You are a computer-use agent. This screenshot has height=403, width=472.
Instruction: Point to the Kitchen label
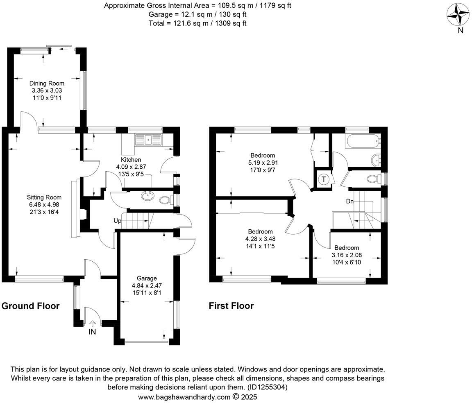click(x=131, y=160)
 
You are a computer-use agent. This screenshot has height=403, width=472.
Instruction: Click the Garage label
click(x=147, y=278)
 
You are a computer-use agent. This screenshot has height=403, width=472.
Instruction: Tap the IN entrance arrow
click(x=92, y=324)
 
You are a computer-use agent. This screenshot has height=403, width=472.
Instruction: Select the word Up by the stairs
click(x=118, y=221)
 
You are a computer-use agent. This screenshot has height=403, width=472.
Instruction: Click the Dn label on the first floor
click(x=349, y=201)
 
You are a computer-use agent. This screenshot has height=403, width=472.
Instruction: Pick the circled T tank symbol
click(x=324, y=179)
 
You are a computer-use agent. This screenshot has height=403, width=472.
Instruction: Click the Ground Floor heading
click(x=31, y=306)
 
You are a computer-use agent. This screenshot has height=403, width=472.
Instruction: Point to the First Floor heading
click(x=231, y=306)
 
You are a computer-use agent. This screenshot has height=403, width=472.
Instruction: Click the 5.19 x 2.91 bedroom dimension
click(x=263, y=162)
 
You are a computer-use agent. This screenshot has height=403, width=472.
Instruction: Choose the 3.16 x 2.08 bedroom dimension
click(x=347, y=255)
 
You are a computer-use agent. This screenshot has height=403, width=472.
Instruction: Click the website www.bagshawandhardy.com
click(x=184, y=397)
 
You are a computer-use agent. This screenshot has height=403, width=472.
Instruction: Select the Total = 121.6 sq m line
click(x=197, y=23)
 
